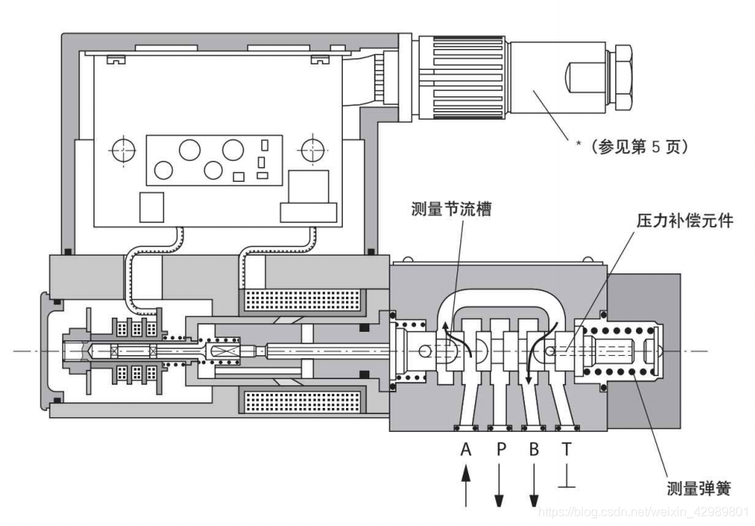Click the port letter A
pos(466,449)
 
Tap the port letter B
pos(534,449)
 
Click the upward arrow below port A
pos(466,486)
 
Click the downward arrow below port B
pos(534,486)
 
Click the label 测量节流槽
pos(451,209)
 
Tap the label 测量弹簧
pos(698,489)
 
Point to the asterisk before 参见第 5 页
pos(579,145)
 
